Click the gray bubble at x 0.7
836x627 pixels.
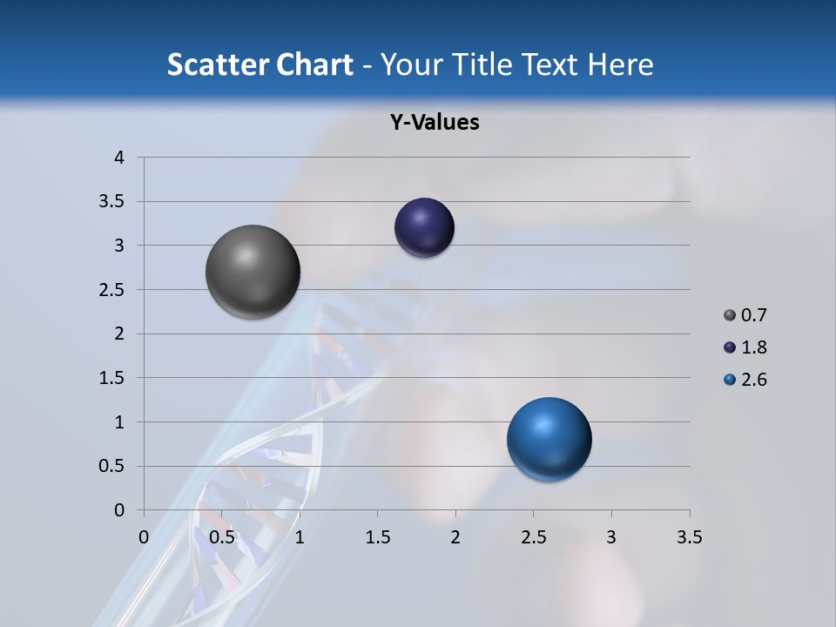pos(253,272)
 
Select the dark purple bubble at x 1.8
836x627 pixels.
pos(424,227)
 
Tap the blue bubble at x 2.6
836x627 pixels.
pos(549,439)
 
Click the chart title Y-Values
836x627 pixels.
pos(434,122)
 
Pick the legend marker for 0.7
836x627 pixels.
pos(730,315)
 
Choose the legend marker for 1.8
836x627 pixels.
pos(730,347)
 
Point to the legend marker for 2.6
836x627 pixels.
pos(730,380)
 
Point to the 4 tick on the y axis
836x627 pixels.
pos(119,158)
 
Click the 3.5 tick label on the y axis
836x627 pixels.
pos(113,202)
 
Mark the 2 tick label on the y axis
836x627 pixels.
pos(119,334)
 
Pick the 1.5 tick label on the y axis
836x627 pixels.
pos(113,378)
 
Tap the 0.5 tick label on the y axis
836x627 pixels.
pos(113,466)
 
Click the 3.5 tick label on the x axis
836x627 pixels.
pos(689,537)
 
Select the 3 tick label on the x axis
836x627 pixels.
pos(611,537)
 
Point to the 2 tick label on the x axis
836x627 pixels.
pos(455,537)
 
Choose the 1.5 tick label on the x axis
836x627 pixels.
pos(377,537)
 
